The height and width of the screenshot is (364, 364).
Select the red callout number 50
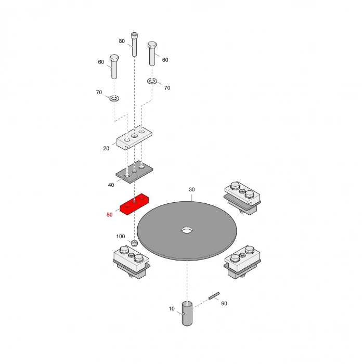(x=110, y=214)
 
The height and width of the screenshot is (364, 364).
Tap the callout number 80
(x=122, y=41)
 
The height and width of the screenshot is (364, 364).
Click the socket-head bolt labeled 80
(x=134, y=44)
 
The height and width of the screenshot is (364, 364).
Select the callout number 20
(x=106, y=149)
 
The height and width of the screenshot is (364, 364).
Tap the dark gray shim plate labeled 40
(x=134, y=172)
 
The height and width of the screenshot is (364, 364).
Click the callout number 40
(x=111, y=185)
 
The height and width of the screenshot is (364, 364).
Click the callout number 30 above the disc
(x=191, y=190)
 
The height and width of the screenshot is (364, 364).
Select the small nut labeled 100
(x=134, y=243)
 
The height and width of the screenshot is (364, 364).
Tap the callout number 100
(x=121, y=237)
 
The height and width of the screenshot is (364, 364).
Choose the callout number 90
(x=224, y=303)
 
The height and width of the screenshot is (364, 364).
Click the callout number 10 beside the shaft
(x=172, y=309)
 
